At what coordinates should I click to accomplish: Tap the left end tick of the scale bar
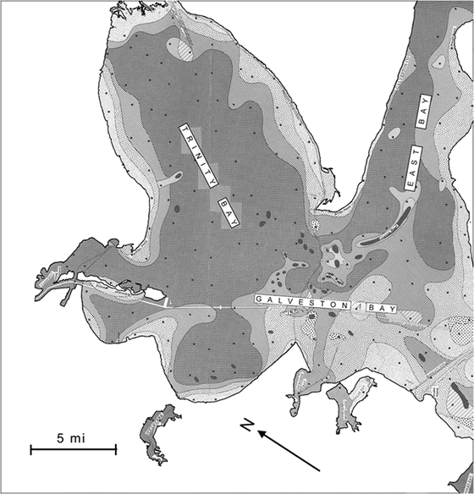click(x=31, y=449)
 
